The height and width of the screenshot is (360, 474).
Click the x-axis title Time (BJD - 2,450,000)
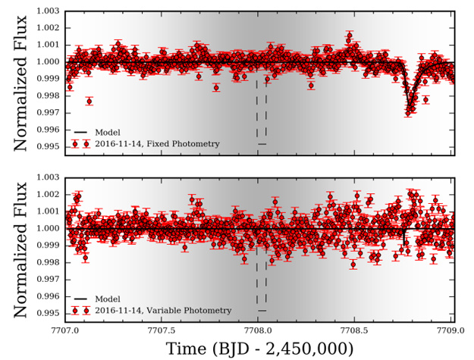click(259, 348)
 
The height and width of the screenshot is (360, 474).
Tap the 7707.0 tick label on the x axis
click(65, 330)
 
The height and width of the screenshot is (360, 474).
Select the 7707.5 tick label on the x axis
click(162, 330)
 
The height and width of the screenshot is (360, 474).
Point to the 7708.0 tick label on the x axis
click(259, 330)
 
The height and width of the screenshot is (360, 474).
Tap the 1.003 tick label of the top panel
click(46, 11)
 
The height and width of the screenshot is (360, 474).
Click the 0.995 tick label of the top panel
click(46, 146)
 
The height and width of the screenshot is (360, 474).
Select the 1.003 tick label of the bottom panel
click(46, 178)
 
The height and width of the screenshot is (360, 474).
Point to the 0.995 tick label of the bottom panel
click(46, 313)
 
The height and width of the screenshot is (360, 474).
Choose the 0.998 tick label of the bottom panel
click(46, 262)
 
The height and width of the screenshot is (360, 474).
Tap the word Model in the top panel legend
click(108, 133)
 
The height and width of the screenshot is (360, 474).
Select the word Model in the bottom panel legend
click(108, 299)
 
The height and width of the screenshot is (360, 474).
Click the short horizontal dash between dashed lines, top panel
click(262, 144)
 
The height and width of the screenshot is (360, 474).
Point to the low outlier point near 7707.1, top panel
click(89, 101)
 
